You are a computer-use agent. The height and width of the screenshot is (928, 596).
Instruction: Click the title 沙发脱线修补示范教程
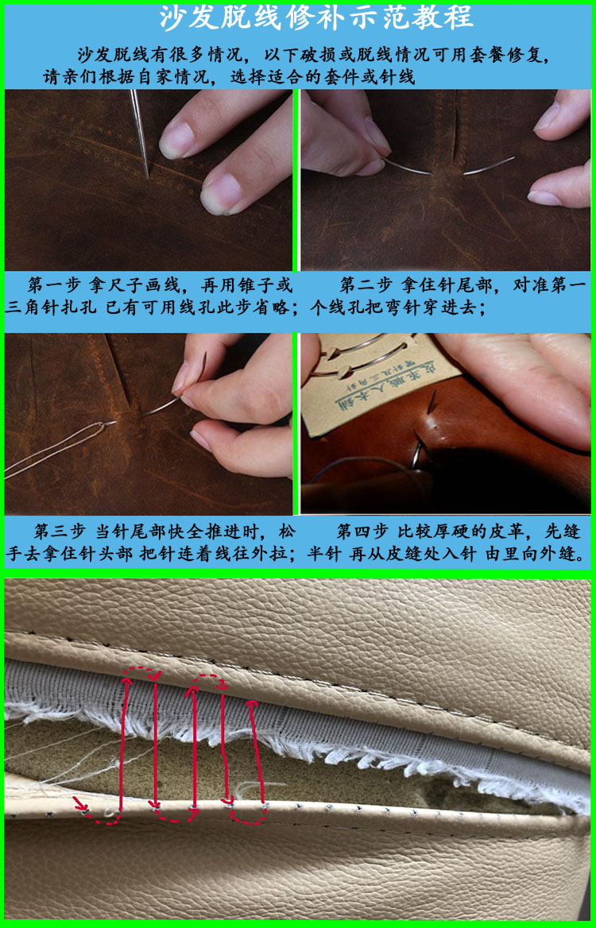pyautogui.click(x=315, y=17)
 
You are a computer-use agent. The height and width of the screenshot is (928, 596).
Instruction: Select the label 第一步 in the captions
pyautogui.click(x=55, y=285)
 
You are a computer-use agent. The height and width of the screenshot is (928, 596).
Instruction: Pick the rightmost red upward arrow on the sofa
pyautogui.click(x=253, y=747)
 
